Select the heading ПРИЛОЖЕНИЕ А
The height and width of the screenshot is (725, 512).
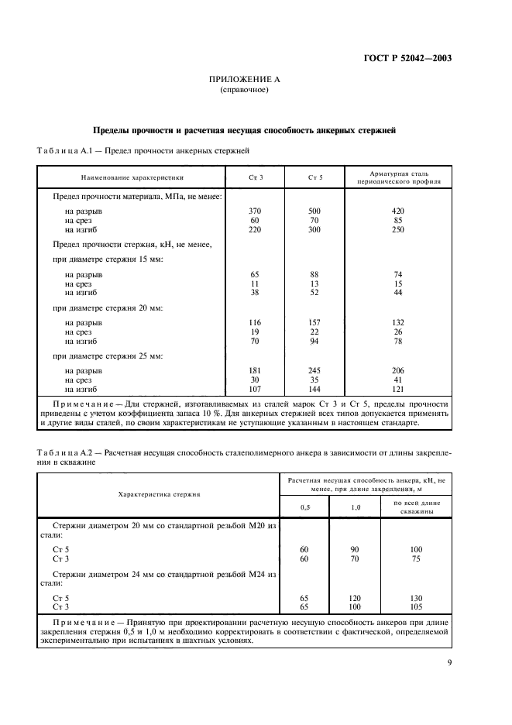pyautogui.click(x=245, y=80)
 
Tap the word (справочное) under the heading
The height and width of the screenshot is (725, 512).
pyautogui.click(x=245, y=90)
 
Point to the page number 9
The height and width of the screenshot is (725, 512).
pyautogui.click(x=449, y=661)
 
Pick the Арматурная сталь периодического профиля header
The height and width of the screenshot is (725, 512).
pyautogui.click(x=399, y=177)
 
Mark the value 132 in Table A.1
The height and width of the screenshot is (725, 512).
pyautogui.click(x=399, y=321)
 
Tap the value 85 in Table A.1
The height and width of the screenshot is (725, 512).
pyautogui.click(x=399, y=220)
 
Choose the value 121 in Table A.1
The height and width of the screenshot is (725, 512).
pyautogui.click(x=399, y=389)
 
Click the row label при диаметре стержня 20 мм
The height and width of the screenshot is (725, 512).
pyautogui.click(x=108, y=308)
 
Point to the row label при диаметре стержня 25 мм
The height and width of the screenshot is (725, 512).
pyautogui.click(x=108, y=356)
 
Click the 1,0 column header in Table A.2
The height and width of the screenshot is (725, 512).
pyautogui.click(x=356, y=507)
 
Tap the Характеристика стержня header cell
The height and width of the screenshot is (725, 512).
pyautogui.click(x=158, y=493)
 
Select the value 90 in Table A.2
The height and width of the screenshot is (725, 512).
pyautogui.click(x=356, y=548)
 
